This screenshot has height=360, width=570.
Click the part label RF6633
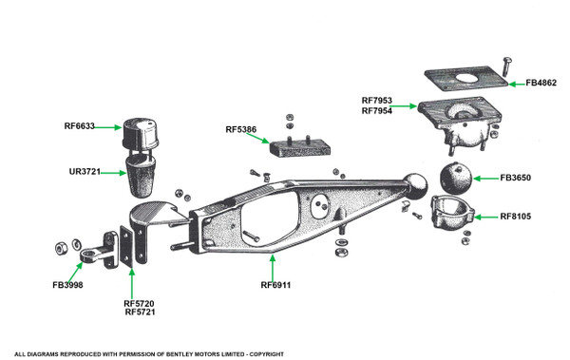click(79, 126)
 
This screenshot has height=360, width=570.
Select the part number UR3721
click(85, 172)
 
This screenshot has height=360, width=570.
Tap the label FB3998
click(67, 285)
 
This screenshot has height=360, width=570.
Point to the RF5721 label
click(140, 312)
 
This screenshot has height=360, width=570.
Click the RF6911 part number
click(275, 285)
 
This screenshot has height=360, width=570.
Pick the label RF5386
click(241, 129)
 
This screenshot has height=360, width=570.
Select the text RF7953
click(377, 101)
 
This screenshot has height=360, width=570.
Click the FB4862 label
click(541, 83)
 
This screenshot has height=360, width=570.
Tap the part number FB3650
click(516, 178)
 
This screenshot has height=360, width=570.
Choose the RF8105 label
click(516, 217)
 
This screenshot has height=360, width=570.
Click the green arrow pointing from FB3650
click(486, 179)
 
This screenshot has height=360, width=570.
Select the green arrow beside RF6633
click(108, 127)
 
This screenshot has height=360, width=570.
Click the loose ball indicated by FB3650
click(456, 179)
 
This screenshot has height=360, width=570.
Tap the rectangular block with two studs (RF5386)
click(300, 146)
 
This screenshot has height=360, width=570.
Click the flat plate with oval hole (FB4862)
click(466, 79)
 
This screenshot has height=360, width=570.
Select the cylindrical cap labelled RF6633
click(141, 133)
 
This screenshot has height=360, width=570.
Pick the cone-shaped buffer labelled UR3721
click(141, 176)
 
